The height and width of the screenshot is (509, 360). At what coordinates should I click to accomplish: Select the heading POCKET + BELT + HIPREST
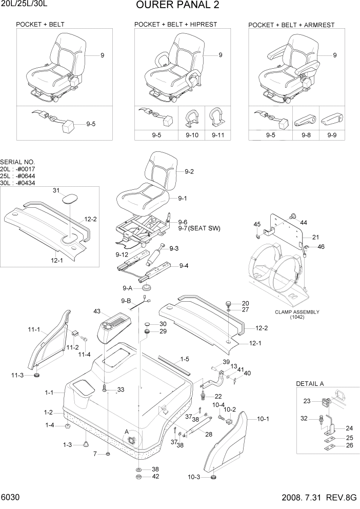click(175, 24)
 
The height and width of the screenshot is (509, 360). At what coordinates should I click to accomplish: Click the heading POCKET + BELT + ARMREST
click(291, 25)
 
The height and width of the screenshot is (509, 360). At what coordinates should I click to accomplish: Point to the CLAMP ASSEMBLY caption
click(297, 312)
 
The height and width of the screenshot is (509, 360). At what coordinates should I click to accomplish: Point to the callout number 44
click(304, 222)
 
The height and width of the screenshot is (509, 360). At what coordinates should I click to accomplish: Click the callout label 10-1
click(263, 419)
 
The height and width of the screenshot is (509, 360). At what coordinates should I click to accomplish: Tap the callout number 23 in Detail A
click(307, 402)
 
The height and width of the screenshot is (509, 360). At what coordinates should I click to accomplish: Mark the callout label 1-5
click(185, 359)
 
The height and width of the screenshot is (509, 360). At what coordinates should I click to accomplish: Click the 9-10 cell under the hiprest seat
click(192, 135)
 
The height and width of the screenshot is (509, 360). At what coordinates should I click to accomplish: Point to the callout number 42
click(155, 477)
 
